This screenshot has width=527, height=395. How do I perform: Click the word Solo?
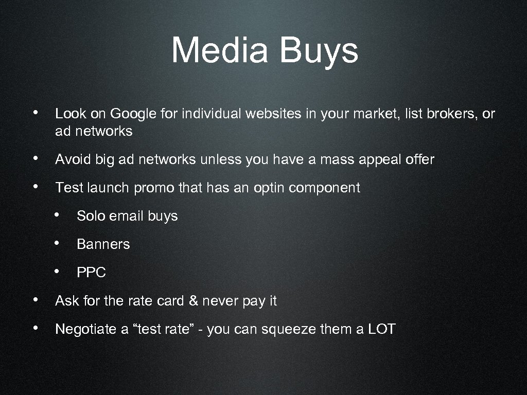91,216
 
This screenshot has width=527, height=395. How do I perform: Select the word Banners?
103,244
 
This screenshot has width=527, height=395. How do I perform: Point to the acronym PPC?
91,273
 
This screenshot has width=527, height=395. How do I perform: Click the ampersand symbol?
193,301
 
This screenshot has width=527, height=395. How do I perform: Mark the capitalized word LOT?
381,329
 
